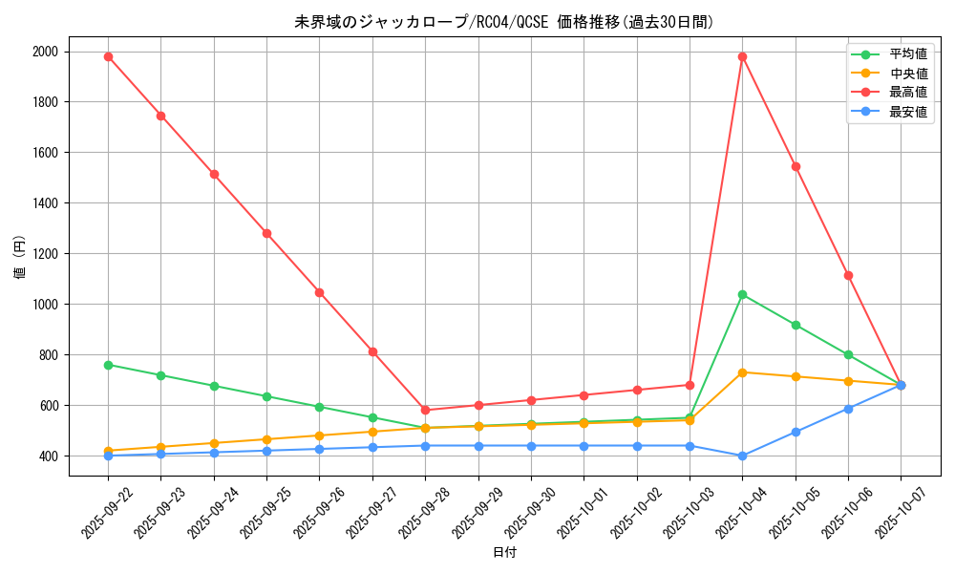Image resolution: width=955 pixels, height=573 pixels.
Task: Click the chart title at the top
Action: tap(504, 22)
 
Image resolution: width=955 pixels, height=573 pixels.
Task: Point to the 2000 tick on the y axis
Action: tap(45, 52)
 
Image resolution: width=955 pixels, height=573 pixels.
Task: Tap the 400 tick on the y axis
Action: tap(48, 456)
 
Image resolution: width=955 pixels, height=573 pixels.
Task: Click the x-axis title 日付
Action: tap(504, 553)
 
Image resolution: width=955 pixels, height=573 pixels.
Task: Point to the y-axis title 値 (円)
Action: tap(19, 257)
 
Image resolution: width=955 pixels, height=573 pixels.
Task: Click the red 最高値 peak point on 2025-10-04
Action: tap(742, 56)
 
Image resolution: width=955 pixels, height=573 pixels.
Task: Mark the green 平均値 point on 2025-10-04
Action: tap(742, 294)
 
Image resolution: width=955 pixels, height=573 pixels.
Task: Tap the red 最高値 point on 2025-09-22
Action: tap(108, 56)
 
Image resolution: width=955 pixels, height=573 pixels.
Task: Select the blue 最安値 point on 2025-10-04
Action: tap(742, 456)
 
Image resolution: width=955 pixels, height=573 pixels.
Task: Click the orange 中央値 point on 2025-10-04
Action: tap(742, 372)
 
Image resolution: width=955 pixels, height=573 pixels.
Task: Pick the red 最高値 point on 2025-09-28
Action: tap(425, 411)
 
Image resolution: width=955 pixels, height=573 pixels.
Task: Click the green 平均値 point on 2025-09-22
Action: tap(108, 365)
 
